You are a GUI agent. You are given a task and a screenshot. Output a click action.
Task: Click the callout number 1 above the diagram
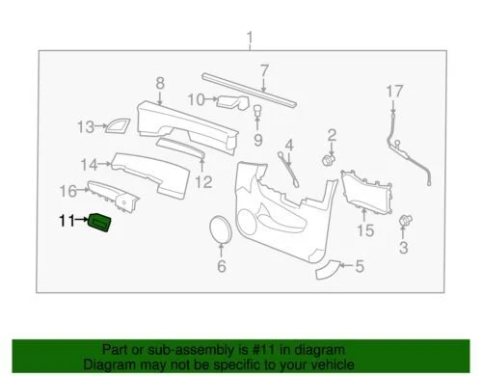250,39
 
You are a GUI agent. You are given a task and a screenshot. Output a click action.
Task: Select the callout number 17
392,92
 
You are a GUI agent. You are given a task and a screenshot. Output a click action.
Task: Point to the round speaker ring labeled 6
220,230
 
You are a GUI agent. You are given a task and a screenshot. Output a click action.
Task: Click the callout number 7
262,70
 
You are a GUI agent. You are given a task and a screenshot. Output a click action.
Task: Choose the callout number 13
85,126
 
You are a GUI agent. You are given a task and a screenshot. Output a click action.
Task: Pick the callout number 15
364,230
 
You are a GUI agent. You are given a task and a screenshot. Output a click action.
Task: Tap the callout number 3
403,248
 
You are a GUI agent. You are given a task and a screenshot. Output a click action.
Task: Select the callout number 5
359,268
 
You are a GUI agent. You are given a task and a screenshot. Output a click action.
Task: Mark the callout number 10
196,99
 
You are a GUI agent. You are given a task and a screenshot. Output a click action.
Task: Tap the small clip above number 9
258,112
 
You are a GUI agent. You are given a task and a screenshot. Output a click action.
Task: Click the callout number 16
68,190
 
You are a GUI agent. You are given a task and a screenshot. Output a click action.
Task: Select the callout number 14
89,163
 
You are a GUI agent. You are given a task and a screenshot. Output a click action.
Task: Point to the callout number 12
202,181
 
